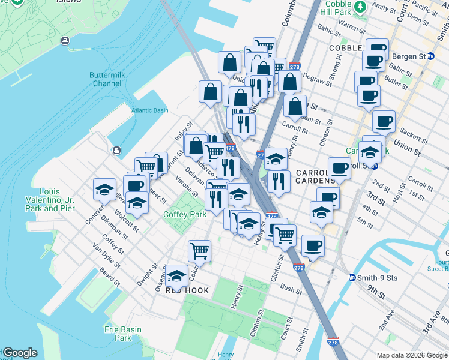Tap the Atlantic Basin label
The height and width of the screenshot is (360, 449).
(150, 110)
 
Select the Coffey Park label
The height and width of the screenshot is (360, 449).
(185, 214)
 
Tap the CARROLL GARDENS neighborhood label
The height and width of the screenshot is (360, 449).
(315, 176)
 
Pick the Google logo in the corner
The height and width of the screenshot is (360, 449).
(20, 353)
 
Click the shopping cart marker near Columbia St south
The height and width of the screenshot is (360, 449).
(199, 251)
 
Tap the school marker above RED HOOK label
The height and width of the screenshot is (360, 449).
(176, 275)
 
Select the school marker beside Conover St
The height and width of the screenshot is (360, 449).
(105, 190)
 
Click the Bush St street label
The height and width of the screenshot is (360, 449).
(291, 289)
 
